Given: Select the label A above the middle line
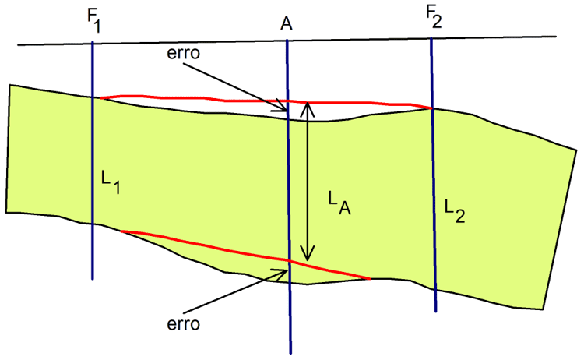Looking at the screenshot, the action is [x=286, y=23].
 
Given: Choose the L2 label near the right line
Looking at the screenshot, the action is [x=455, y=210].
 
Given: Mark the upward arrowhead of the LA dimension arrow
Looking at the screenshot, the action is [x=309, y=107].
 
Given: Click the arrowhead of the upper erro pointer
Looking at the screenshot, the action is [x=283, y=111].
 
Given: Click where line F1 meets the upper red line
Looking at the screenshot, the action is [x=93, y=98].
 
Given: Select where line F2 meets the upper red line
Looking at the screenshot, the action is [x=432, y=108].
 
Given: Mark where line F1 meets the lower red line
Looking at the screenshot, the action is [x=121, y=231].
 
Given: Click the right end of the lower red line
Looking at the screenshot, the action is [x=368, y=278].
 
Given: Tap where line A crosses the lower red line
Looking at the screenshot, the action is [x=288, y=260].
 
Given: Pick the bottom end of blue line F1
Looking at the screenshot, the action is [x=93, y=278].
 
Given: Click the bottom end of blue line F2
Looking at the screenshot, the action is [x=435, y=312].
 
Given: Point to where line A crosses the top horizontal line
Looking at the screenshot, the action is [x=287, y=40].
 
